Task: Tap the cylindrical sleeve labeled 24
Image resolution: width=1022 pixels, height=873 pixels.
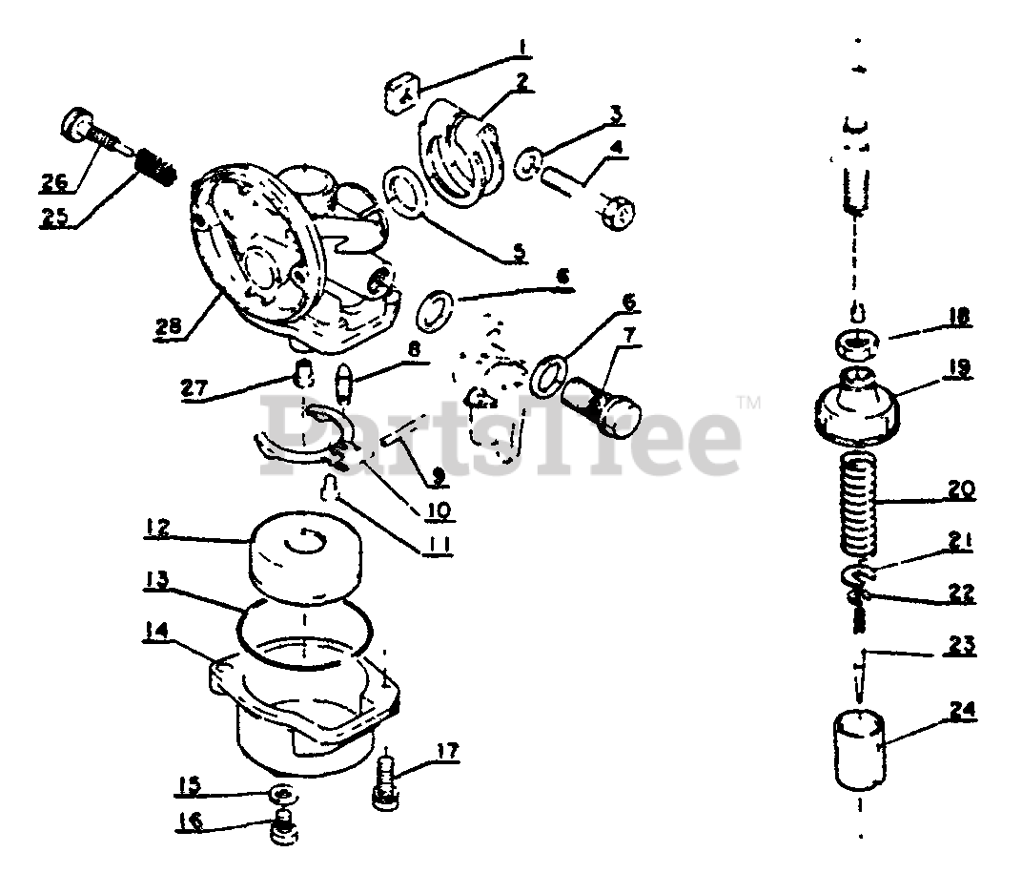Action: coord(858,748)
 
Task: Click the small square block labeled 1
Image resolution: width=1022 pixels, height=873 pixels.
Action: coord(402,94)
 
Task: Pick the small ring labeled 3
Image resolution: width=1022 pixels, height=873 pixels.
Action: coord(529,163)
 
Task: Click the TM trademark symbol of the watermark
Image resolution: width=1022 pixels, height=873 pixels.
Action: coord(749,404)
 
